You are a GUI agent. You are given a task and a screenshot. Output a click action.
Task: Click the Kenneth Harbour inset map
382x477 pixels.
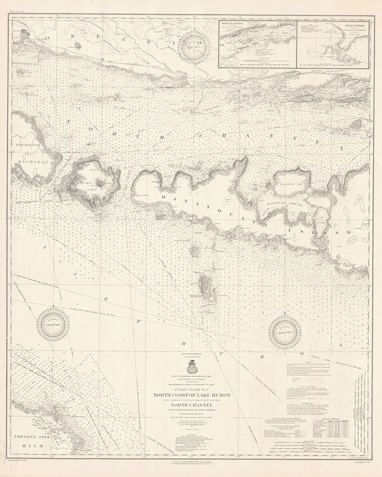pos(257,42)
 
